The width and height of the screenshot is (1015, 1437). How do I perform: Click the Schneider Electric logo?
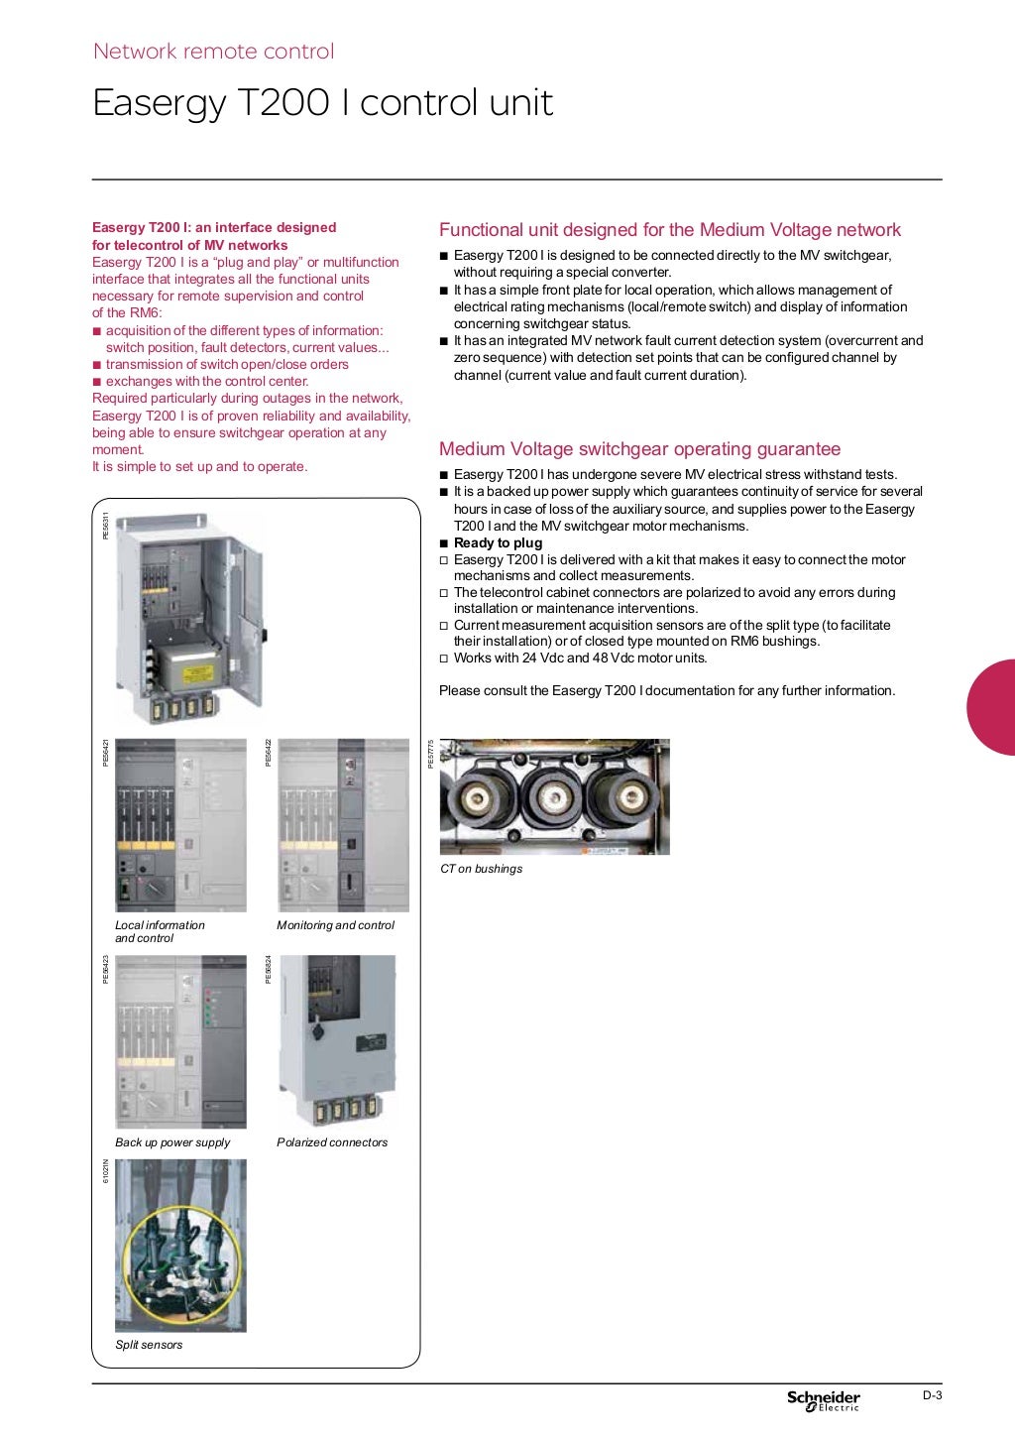coord(823,1399)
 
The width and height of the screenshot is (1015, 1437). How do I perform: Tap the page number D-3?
coord(932,1395)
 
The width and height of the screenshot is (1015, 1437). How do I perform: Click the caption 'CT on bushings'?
coord(481,869)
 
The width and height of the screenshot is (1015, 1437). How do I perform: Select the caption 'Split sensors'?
coord(149,1345)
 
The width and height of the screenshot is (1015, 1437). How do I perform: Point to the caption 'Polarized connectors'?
coord(332,1142)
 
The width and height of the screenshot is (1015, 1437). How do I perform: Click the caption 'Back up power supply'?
coord(172,1142)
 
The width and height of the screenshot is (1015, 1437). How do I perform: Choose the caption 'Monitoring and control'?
coord(335,925)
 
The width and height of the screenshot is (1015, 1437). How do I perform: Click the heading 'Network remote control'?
coord(213,52)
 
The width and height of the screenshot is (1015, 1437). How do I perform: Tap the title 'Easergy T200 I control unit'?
coord(322,103)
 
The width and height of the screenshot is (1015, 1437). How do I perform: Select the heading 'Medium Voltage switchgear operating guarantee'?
coord(639,449)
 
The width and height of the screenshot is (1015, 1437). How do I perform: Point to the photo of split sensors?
coord(180,1246)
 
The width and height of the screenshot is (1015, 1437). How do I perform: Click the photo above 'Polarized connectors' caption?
coord(336,1040)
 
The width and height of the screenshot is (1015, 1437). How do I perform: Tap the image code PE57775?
coord(430,754)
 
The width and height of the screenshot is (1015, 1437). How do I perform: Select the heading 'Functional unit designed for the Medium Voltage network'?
coord(669,230)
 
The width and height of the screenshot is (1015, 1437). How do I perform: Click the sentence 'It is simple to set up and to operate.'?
coord(199,467)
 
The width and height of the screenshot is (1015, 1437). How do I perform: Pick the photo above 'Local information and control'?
coord(180,825)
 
